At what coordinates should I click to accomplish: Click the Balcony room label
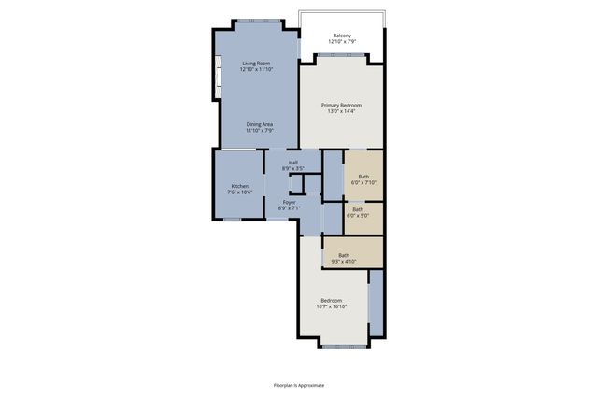tap(341, 36)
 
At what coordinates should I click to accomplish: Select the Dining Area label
tap(259, 124)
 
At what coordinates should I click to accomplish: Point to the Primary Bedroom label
tap(341, 105)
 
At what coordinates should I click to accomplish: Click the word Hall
tap(292, 163)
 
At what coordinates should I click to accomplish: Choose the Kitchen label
tap(240, 186)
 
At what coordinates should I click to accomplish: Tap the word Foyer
tap(290, 202)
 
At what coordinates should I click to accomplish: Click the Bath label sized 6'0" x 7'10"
tap(363, 177)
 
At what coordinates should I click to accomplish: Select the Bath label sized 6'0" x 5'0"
tap(358, 209)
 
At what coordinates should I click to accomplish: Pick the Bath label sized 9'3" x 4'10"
tap(344, 255)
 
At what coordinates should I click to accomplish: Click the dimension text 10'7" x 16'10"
tap(332, 306)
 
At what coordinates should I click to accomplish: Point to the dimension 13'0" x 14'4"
tap(341, 111)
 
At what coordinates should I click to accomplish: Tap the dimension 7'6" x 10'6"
tap(241, 192)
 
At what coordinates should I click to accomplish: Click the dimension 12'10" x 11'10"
tap(255, 70)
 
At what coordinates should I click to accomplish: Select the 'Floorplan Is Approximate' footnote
tap(299, 383)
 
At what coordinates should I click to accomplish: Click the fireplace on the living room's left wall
tap(218, 77)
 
